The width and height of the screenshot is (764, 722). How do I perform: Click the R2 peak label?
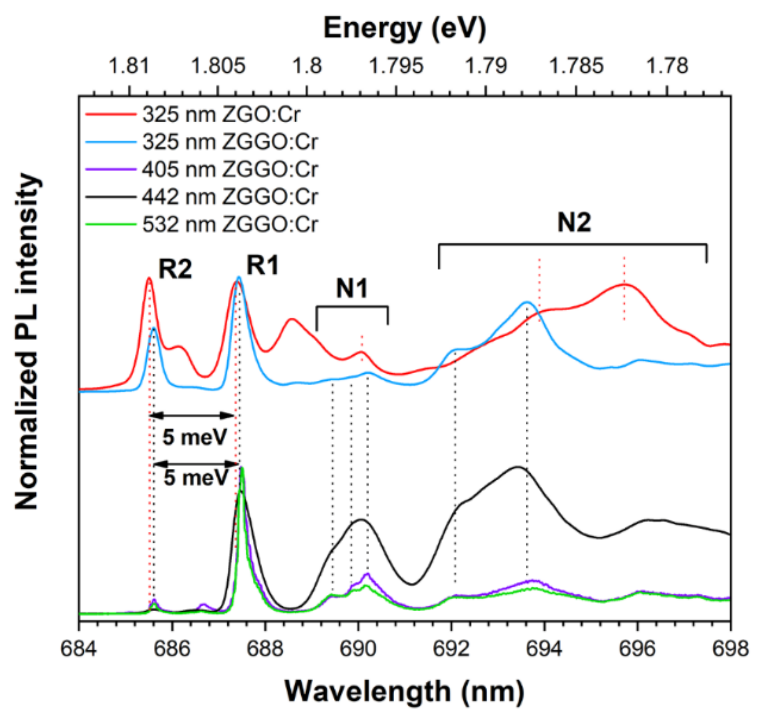(x=175, y=269)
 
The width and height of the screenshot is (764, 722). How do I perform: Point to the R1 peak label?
(x=262, y=265)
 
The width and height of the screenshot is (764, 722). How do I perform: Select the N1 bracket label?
(x=352, y=289)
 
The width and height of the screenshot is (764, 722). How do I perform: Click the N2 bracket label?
(x=574, y=223)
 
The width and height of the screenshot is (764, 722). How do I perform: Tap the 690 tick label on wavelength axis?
(x=358, y=649)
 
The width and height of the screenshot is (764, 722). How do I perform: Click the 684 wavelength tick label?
(x=79, y=649)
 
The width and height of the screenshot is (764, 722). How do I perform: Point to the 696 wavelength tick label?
(x=637, y=649)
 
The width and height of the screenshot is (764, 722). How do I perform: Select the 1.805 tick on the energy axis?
(x=218, y=66)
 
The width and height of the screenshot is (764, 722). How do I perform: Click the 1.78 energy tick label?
(x=667, y=66)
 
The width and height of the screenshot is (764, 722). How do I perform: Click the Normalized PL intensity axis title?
(x=27, y=342)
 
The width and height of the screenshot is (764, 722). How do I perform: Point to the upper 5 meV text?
(x=195, y=437)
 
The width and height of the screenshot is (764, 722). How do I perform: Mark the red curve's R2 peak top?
(x=149, y=278)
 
